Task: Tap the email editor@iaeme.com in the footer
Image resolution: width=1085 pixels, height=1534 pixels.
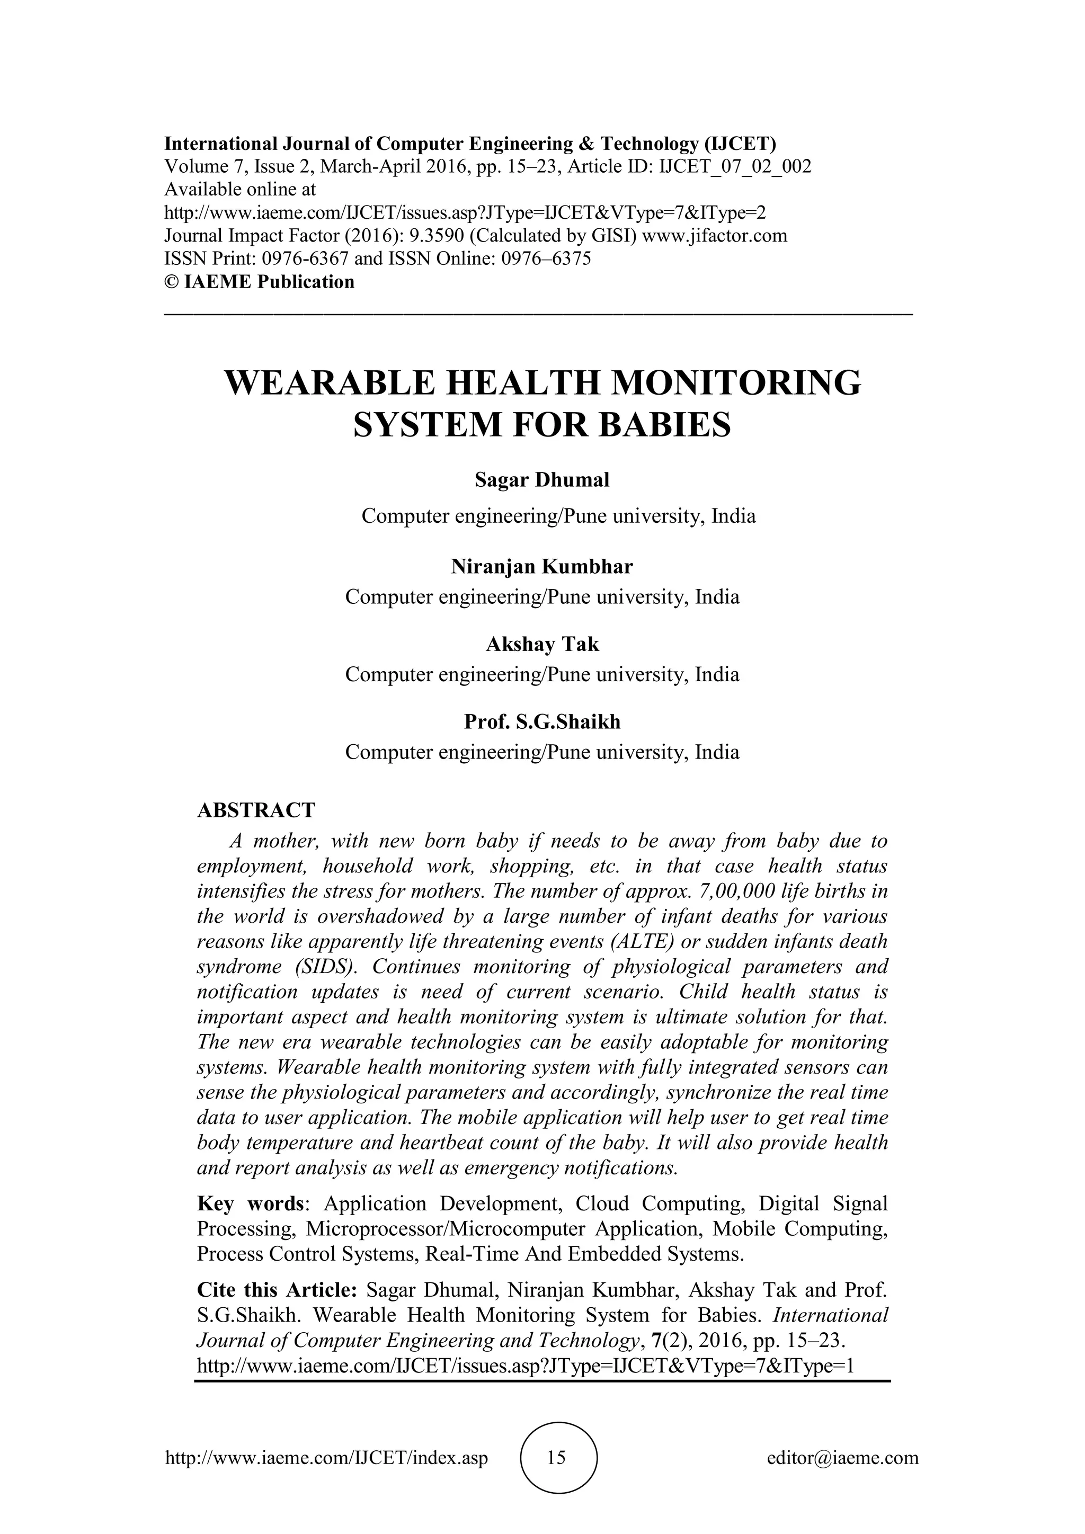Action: point(842,1458)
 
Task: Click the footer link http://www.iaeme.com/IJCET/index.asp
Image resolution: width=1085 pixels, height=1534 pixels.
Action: point(327,1458)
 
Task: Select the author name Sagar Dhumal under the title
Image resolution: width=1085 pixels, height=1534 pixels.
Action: point(542,480)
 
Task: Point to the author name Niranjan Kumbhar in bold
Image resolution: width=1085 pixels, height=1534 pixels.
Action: point(542,567)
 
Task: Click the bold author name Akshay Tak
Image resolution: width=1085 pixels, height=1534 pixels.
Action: point(542,645)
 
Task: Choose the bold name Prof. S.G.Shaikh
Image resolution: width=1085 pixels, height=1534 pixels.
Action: point(542,722)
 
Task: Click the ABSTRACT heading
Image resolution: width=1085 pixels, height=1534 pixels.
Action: point(256,810)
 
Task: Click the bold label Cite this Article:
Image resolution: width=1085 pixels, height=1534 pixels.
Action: point(279,1289)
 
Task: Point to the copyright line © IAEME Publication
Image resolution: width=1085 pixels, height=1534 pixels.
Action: point(259,282)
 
